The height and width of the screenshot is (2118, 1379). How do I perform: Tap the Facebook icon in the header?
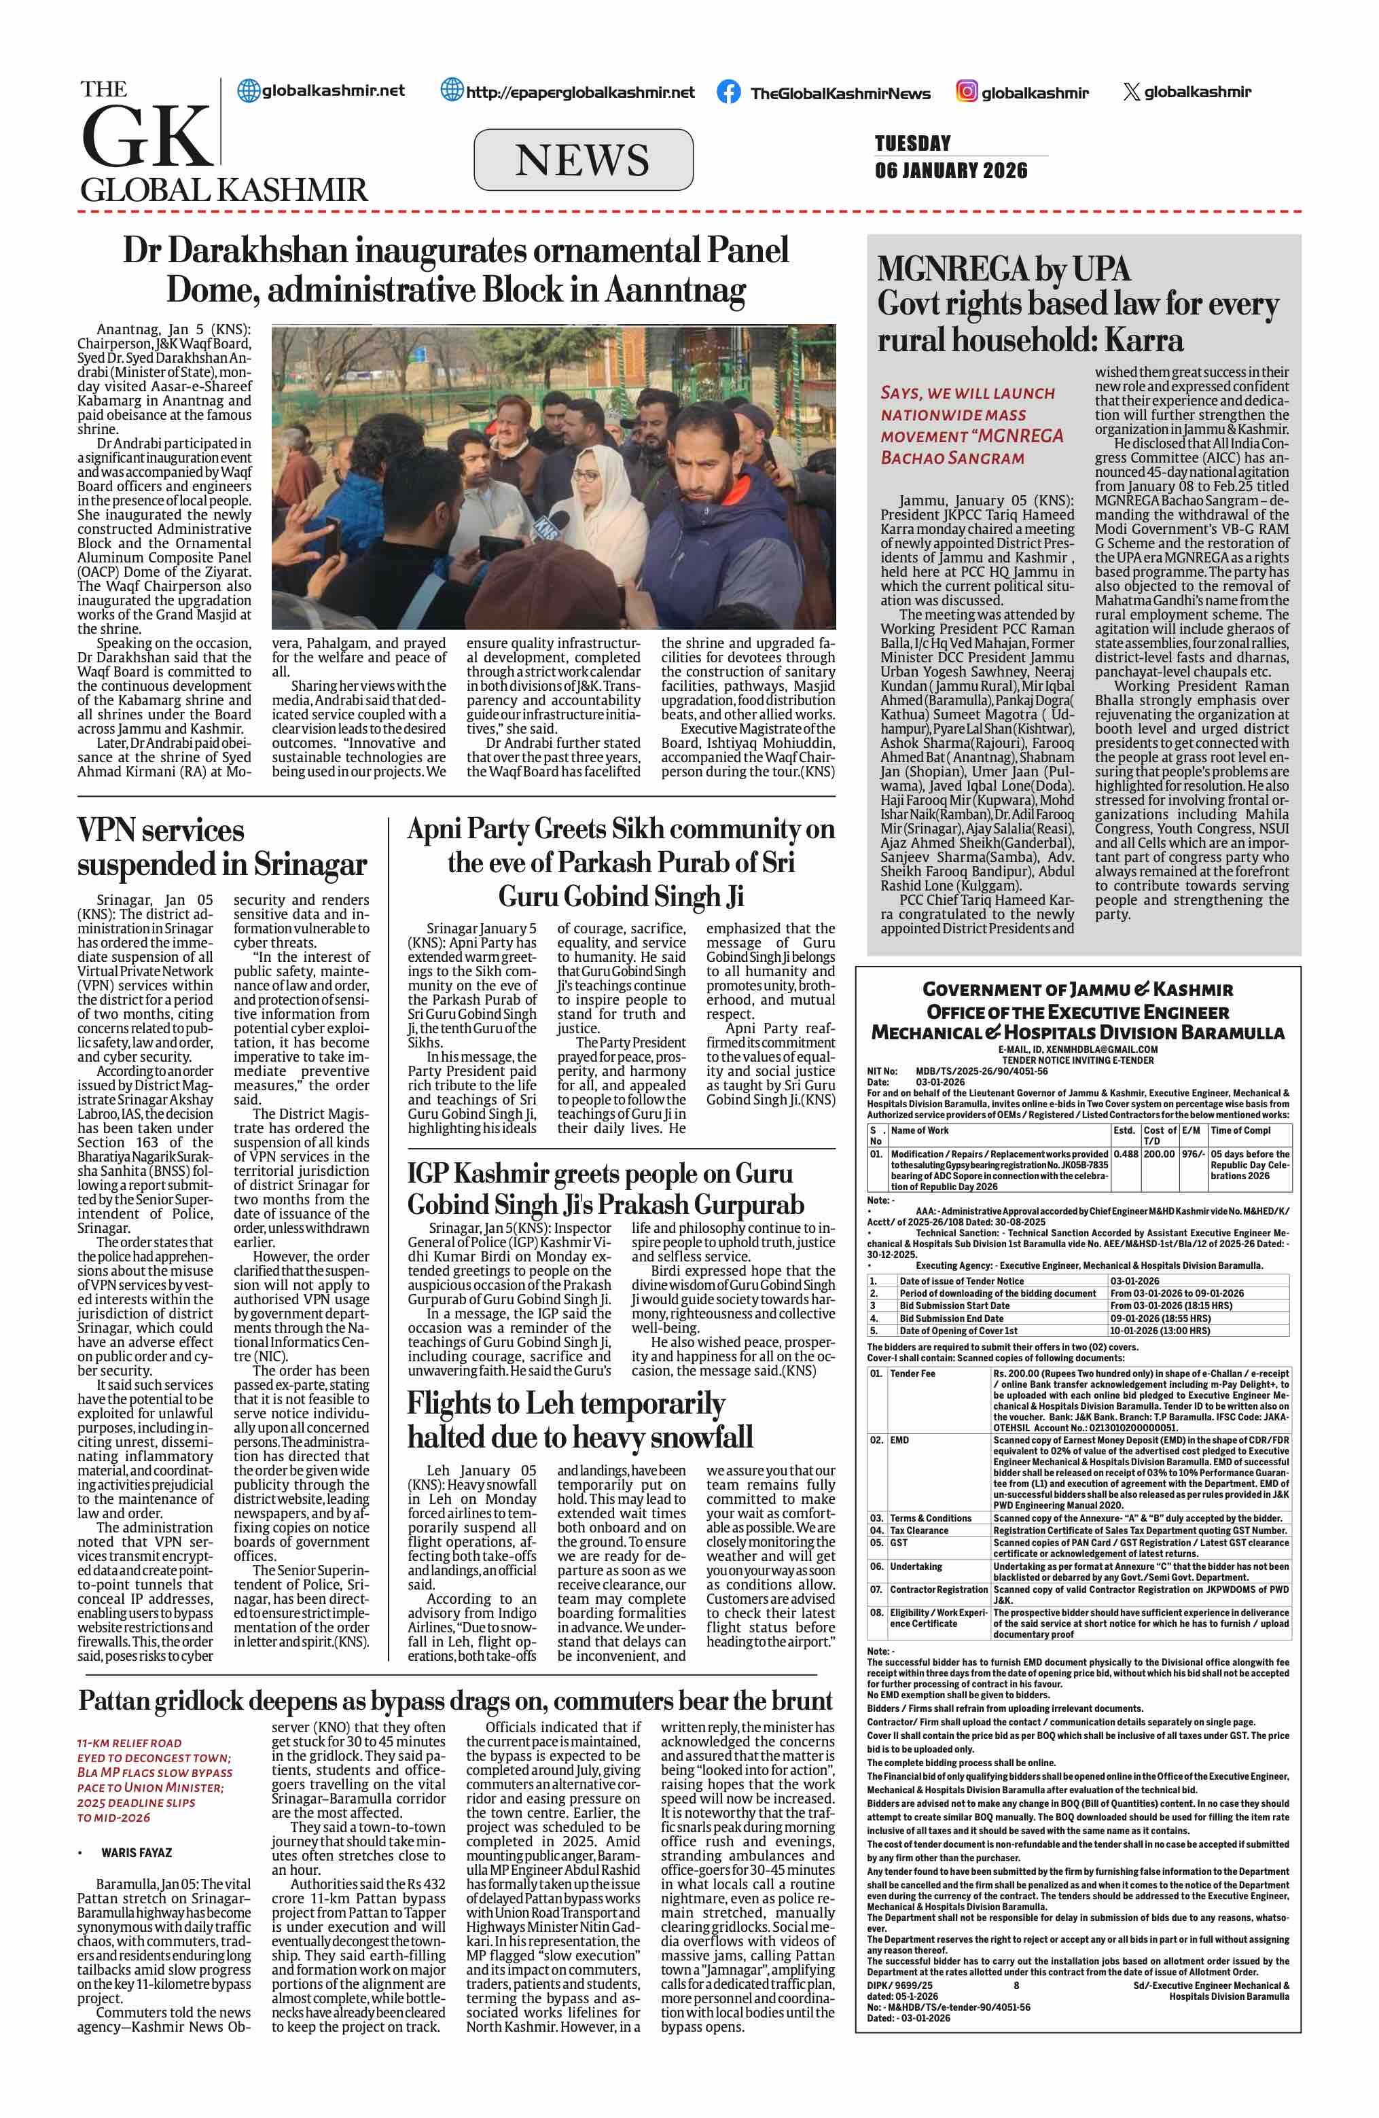(x=728, y=92)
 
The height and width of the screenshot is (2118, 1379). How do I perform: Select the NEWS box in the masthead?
(x=583, y=160)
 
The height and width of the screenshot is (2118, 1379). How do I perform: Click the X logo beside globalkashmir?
(x=1131, y=91)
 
